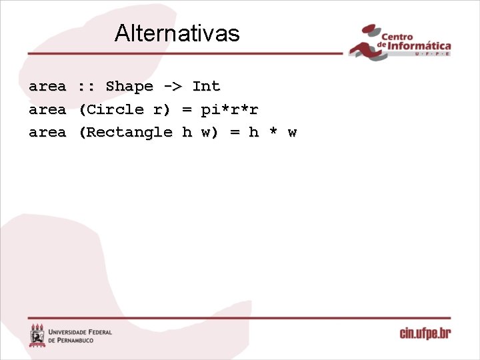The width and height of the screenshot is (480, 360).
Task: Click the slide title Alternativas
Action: point(177,33)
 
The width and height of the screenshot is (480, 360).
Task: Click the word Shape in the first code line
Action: point(129,87)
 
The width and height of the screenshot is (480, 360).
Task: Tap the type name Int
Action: point(206,87)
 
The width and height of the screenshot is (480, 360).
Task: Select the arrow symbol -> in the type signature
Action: point(172,87)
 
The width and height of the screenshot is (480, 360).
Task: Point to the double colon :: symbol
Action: point(85,87)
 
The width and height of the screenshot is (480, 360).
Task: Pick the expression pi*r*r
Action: point(229,109)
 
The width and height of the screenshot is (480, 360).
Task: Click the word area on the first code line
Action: point(47,87)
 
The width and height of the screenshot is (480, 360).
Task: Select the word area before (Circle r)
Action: point(47,109)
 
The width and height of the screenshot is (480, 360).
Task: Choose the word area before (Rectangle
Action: point(47,132)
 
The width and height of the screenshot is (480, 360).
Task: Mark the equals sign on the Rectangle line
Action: point(235,132)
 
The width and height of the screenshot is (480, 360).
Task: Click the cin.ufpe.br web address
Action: point(425,333)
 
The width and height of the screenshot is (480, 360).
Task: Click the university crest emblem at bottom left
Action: point(37,335)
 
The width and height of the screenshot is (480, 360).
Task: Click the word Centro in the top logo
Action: point(397,36)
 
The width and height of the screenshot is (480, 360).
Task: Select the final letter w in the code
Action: point(292,132)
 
